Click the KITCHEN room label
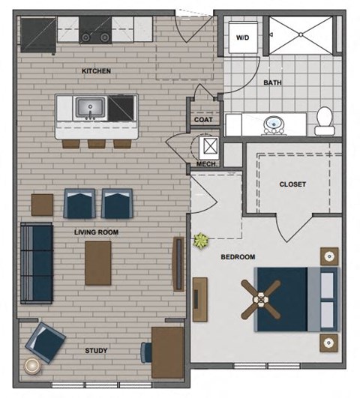click(96, 71)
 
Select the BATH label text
click(271, 85)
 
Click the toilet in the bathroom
click(324, 121)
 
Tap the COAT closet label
click(203, 119)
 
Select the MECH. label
click(206, 163)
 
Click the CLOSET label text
click(292, 184)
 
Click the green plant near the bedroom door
click(200, 241)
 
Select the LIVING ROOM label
click(96, 232)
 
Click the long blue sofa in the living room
click(36, 262)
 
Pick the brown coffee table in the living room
click(97, 262)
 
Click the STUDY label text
click(96, 350)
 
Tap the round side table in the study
click(34, 367)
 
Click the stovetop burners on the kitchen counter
click(96, 33)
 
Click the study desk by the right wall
click(167, 352)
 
